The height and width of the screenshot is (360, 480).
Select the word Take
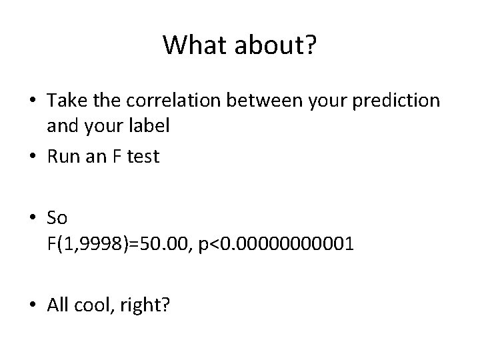point(64,101)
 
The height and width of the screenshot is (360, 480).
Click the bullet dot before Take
point(34,101)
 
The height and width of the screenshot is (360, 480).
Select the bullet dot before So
point(34,217)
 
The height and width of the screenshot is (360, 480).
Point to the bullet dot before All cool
point(34,305)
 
